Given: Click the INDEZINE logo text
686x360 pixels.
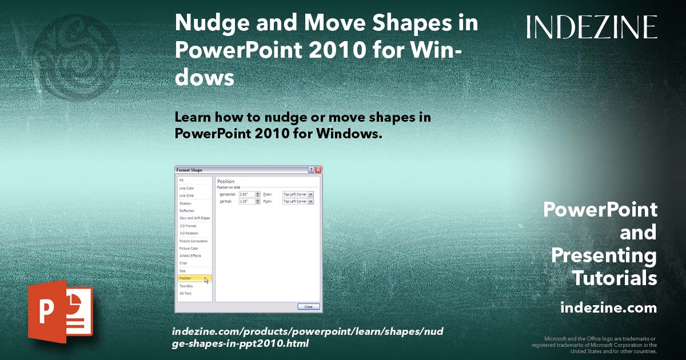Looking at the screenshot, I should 592,27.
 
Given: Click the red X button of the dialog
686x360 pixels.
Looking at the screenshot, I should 318,170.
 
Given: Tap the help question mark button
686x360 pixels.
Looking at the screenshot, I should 311,170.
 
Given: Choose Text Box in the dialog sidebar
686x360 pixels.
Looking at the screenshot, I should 186,286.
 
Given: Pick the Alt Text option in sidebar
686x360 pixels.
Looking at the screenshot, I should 186,293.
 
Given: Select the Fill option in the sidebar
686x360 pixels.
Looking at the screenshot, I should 182,180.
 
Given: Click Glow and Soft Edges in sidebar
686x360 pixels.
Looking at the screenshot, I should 194,218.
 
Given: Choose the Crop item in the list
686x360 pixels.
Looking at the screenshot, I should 184,263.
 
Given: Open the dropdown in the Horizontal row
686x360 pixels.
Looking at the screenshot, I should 310,194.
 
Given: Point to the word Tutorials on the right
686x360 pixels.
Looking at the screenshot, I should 615,278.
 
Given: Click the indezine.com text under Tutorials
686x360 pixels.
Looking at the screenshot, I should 608,308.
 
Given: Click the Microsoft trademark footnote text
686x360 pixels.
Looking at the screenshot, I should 594,345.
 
